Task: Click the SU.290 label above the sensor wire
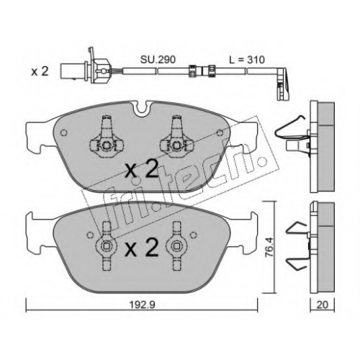click(x=158, y=60)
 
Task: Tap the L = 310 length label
click(x=247, y=60)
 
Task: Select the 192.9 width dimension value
click(x=142, y=305)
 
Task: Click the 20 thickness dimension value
click(x=323, y=305)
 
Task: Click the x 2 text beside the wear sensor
click(x=40, y=71)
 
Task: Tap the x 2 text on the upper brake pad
click(x=142, y=170)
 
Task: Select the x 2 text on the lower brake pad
click(x=142, y=247)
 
